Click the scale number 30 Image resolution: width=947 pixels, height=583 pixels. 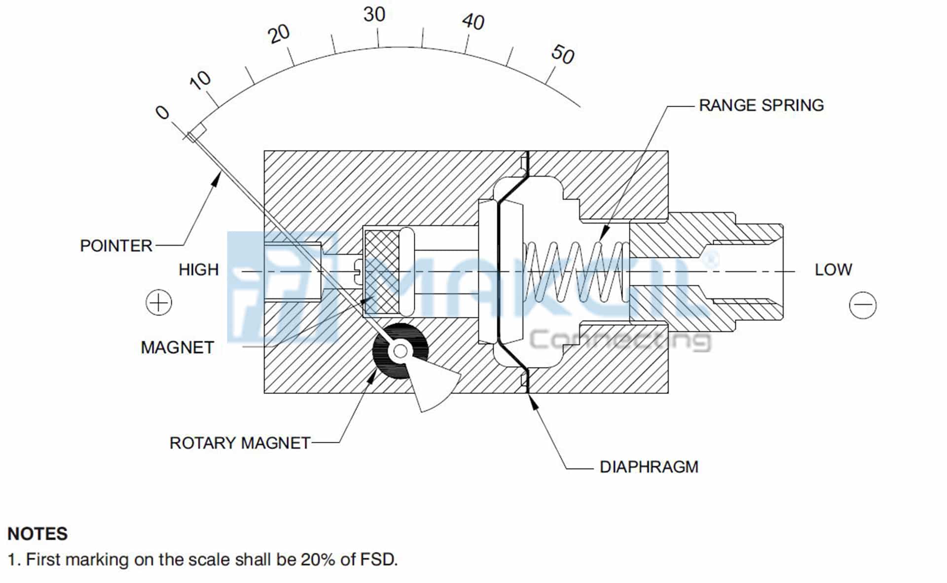click(374, 14)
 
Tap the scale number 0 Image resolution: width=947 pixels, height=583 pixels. click(162, 113)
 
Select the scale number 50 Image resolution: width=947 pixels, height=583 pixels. click(563, 54)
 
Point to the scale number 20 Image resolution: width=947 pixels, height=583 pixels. click(279, 34)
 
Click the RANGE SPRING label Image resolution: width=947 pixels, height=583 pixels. click(761, 105)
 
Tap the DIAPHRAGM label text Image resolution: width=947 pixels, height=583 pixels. click(649, 467)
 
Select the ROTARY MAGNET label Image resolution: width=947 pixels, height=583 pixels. click(240, 443)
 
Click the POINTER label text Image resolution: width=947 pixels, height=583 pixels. click(116, 246)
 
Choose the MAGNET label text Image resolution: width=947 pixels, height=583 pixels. click(177, 348)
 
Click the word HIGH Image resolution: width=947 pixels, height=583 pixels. click(198, 270)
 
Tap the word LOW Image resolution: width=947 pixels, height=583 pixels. click(833, 270)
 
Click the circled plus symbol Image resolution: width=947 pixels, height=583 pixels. click(159, 303)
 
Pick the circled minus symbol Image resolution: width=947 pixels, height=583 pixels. click(863, 305)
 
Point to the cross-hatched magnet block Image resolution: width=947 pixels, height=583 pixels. click(381, 272)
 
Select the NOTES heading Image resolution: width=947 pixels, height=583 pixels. click(37, 534)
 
